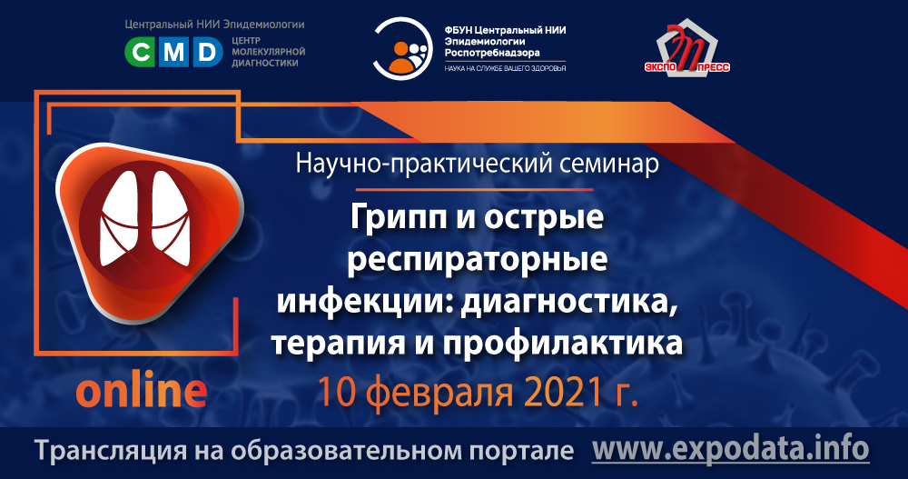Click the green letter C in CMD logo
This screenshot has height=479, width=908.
click(142, 54)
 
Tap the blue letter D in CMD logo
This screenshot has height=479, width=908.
click(207, 54)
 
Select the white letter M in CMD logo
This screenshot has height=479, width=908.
click(174, 54)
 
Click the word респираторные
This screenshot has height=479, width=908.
click(478, 260)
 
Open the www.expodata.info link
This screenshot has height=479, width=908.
click(730, 448)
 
